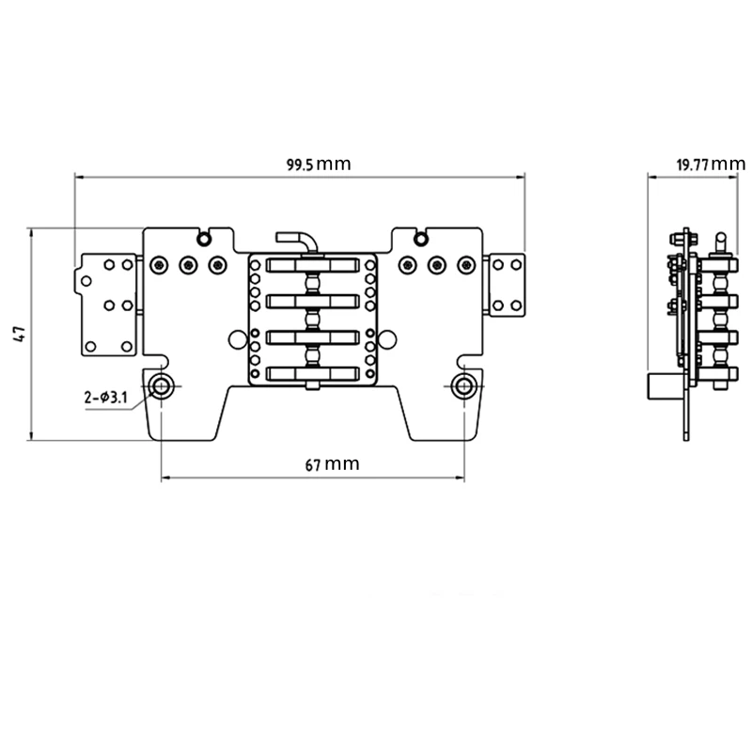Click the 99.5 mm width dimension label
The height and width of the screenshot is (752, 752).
click(319, 164)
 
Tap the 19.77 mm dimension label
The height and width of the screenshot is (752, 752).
click(711, 164)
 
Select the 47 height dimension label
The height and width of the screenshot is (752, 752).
click(20, 334)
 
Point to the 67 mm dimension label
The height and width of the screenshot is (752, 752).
click(332, 464)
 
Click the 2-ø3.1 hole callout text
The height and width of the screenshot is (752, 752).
click(106, 397)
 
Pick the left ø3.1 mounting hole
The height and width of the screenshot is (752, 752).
click(161, 386)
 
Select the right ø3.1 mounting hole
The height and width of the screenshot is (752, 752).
click(463, 386)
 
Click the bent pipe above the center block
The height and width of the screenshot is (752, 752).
click(297, 240)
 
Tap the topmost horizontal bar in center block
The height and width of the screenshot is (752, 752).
click(313, 266)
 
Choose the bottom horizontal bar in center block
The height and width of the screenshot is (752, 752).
click(313, 373)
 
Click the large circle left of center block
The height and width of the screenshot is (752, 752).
click(238, 339)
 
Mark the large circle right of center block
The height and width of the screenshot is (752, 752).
click(387, 339)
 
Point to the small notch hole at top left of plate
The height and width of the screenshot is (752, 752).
click(204, 239)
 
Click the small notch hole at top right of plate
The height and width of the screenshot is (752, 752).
click(420, 239)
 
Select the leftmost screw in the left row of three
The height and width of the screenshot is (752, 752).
click(159, 265)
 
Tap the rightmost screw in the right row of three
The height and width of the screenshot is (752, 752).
click(466, 265)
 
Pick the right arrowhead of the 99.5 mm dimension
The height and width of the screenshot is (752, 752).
click(520, 177)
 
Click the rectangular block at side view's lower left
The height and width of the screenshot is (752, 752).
click(665, 386)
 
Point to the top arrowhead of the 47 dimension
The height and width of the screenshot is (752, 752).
click(31, 233)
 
